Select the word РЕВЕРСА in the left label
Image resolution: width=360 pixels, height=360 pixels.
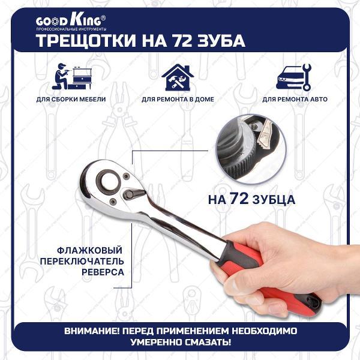102,272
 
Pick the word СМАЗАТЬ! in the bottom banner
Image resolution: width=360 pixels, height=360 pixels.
213,342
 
